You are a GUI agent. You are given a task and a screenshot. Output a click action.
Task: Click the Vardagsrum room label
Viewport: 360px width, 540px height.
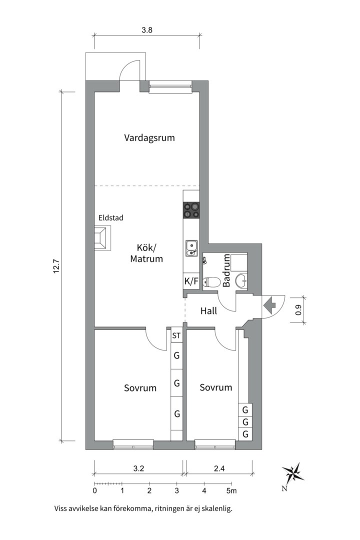click(x=149, y=137)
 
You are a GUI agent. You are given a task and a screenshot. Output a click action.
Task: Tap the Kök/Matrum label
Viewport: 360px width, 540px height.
click(x=146, y=253)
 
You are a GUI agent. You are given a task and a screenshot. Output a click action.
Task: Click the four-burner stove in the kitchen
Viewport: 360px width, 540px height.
click(x=191, y=210)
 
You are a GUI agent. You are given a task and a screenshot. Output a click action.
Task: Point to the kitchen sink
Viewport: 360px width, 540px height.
click(x=191, y=248)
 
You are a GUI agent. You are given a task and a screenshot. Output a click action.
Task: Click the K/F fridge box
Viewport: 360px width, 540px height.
click(x=191, y=281)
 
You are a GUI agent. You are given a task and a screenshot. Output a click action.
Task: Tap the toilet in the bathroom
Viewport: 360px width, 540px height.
click(x=211, y=282)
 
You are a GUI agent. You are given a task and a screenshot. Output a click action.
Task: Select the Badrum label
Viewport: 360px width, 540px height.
click(x=226, y=270)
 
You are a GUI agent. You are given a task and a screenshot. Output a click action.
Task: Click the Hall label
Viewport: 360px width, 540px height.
click(x=208, y=311)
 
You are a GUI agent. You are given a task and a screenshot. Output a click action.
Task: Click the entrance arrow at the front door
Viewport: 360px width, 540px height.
click(x=270, y=303)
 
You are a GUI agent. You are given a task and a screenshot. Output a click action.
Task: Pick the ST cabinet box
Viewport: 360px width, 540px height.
click(x=176, y=336)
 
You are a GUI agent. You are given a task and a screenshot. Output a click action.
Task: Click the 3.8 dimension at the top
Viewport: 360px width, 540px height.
click(x=146, y=30)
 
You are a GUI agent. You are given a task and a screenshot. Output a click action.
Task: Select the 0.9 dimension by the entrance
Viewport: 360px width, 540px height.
click(x=298, y=310)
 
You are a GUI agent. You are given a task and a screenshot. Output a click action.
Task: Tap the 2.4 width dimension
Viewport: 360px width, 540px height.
click(x=219, y=468)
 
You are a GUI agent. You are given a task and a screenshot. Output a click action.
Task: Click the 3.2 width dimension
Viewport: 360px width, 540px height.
click(x=138, y=468)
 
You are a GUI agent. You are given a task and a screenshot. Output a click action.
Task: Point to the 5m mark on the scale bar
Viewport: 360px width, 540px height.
click(x=231, y=491)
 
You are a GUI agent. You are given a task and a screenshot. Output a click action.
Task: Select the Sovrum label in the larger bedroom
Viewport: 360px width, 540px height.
click(x=140, y=387)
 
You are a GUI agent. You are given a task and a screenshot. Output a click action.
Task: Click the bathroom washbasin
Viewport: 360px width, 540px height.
click(x=241, y=281)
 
